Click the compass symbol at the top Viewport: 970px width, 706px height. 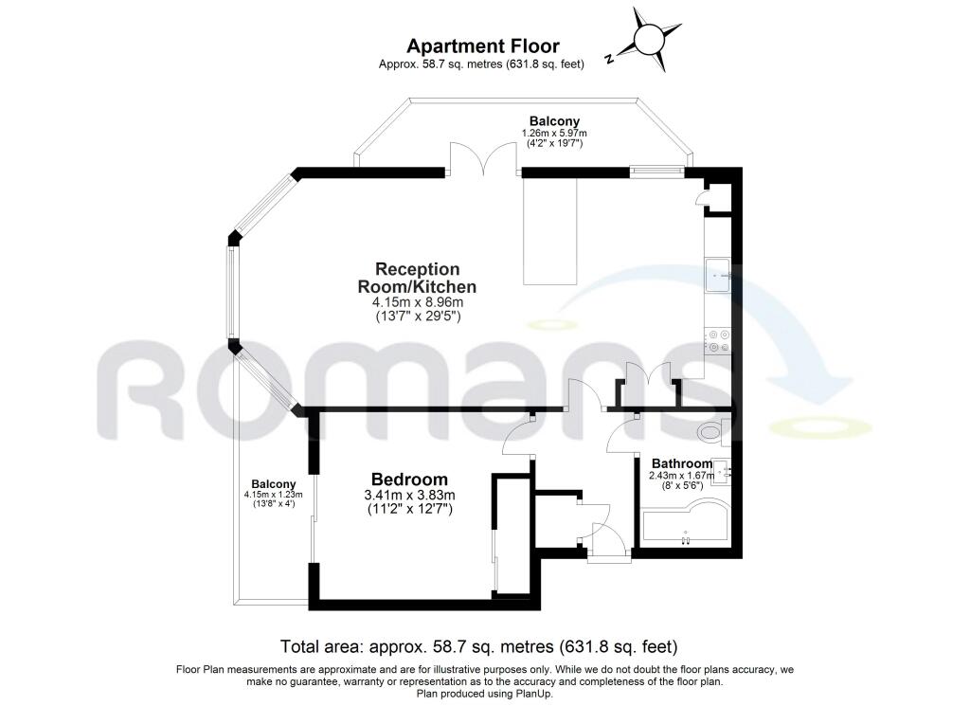pos(649,40)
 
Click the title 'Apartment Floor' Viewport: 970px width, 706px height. pos(483,45)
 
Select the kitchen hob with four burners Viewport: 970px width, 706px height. pos(717,339)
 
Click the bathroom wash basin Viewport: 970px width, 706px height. pos(722,471)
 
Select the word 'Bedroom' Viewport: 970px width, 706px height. pos(409,480)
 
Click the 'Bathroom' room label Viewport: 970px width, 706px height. pos(681,463)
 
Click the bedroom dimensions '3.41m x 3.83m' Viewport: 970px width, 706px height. pos(410,496)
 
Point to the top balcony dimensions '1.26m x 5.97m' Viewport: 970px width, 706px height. pos(554,134)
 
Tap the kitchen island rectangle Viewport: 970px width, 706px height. pos(550,230)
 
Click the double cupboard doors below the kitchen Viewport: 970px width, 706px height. pos(649,378)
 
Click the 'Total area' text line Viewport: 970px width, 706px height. pos(479,647)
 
